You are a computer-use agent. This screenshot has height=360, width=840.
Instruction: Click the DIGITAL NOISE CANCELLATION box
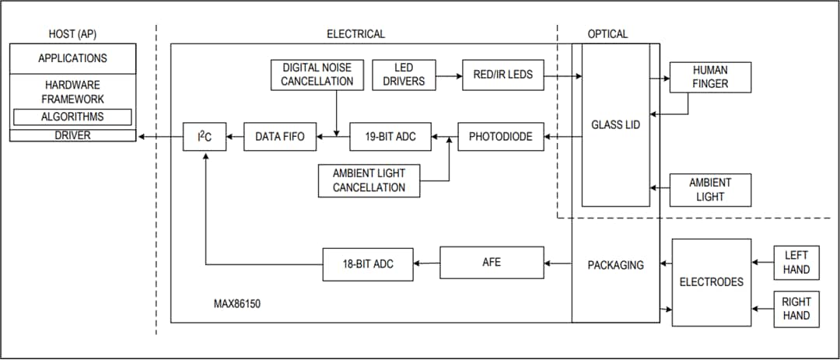tap(317, 75)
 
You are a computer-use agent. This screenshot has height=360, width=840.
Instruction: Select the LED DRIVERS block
tap(404, 75)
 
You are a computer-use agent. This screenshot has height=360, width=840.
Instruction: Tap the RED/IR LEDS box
tap(502, 75)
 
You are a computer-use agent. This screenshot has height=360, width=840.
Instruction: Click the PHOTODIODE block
tap(500, 137)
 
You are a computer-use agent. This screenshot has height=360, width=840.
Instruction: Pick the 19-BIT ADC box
tap(390, 137)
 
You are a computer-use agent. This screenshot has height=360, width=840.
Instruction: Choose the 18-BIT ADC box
tap(367, 264)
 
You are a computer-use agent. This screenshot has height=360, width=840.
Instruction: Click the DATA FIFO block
tap(280, 137)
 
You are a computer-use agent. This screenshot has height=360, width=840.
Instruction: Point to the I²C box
tap(205, 137)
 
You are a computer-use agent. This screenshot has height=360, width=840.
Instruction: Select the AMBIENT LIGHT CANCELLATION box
tap(369, 180)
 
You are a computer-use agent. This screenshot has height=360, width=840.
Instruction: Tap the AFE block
tap(492, 263)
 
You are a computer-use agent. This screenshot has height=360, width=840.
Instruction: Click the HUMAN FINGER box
tap(709, 77)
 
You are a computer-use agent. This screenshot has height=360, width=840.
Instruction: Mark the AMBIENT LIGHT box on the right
tap(709, 190)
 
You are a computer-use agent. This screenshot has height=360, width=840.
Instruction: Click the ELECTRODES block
tap(711, 282)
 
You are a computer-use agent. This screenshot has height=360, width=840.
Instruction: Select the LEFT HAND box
tap(796, 262)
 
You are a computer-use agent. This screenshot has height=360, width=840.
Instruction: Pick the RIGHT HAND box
tap(796, 309)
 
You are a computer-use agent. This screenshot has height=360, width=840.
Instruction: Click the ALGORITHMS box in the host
tap(72, 117)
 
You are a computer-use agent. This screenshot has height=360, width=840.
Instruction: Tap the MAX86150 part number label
tap(237, 304)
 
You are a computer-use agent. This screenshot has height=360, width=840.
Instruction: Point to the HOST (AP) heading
tap(72, 34)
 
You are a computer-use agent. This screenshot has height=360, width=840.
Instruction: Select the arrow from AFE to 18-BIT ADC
tap(425, 264)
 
